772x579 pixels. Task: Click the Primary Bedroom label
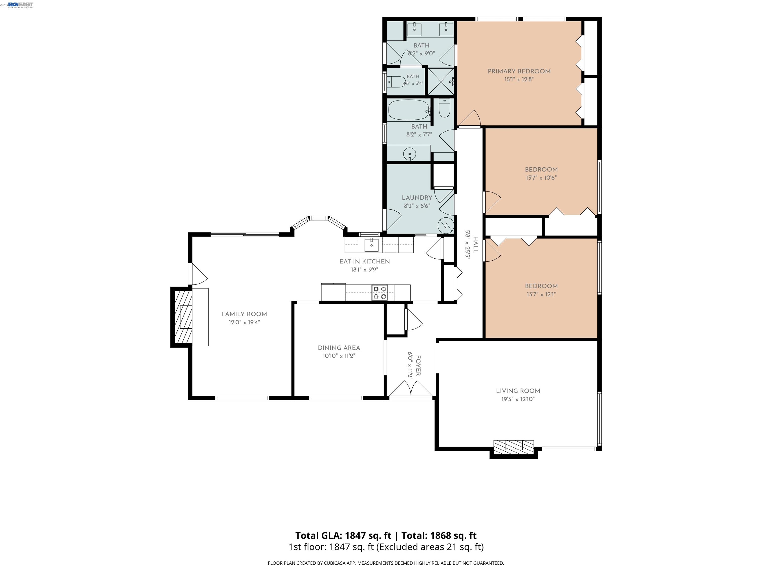(519, 71)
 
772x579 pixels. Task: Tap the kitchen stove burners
(380, 293)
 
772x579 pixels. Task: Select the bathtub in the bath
(408, 110)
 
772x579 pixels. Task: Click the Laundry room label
(417, 198)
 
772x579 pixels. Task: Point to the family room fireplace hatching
(183, 317)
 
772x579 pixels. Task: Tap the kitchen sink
(372, 245)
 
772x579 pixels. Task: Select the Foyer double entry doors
(411, 389)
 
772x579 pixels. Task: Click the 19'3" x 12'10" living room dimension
(518, 399)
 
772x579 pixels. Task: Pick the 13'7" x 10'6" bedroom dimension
(541, 178)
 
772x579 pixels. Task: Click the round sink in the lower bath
(409, 154)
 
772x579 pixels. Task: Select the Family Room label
(244, 314)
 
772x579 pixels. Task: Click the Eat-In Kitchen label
(365, 261)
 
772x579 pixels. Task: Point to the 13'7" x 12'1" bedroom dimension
(541, 294)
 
